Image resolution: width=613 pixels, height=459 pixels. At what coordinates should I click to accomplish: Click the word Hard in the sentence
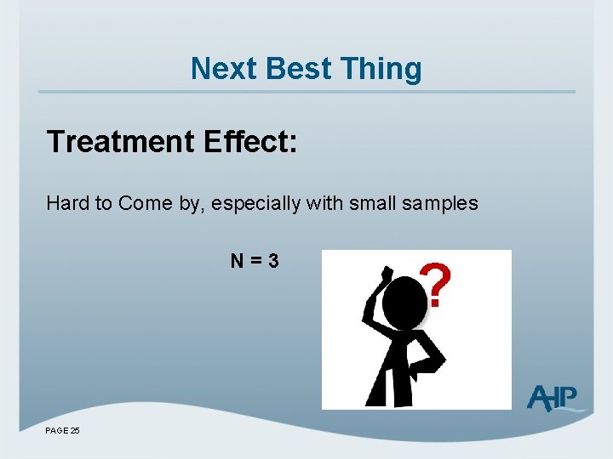[65, 204]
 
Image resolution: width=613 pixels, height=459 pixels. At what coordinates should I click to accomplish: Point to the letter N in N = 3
[237, 261]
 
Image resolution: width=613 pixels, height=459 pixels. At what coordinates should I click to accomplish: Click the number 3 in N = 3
[272, 261]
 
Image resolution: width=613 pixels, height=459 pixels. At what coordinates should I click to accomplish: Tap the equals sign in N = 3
[255, 261]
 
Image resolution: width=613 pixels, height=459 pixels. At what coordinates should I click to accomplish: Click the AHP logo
[553, 397]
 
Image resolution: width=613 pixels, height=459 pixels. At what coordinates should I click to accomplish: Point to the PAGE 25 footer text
[63, 431]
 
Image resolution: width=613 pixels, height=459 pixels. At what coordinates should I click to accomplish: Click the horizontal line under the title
[306, 92]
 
